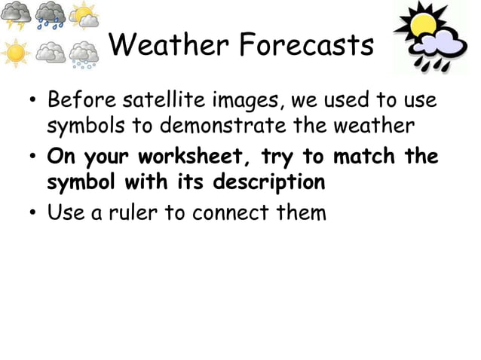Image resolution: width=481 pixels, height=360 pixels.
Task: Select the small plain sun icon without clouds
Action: click(15, 53)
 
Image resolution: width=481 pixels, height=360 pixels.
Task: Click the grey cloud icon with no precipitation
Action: click(50, 53)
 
